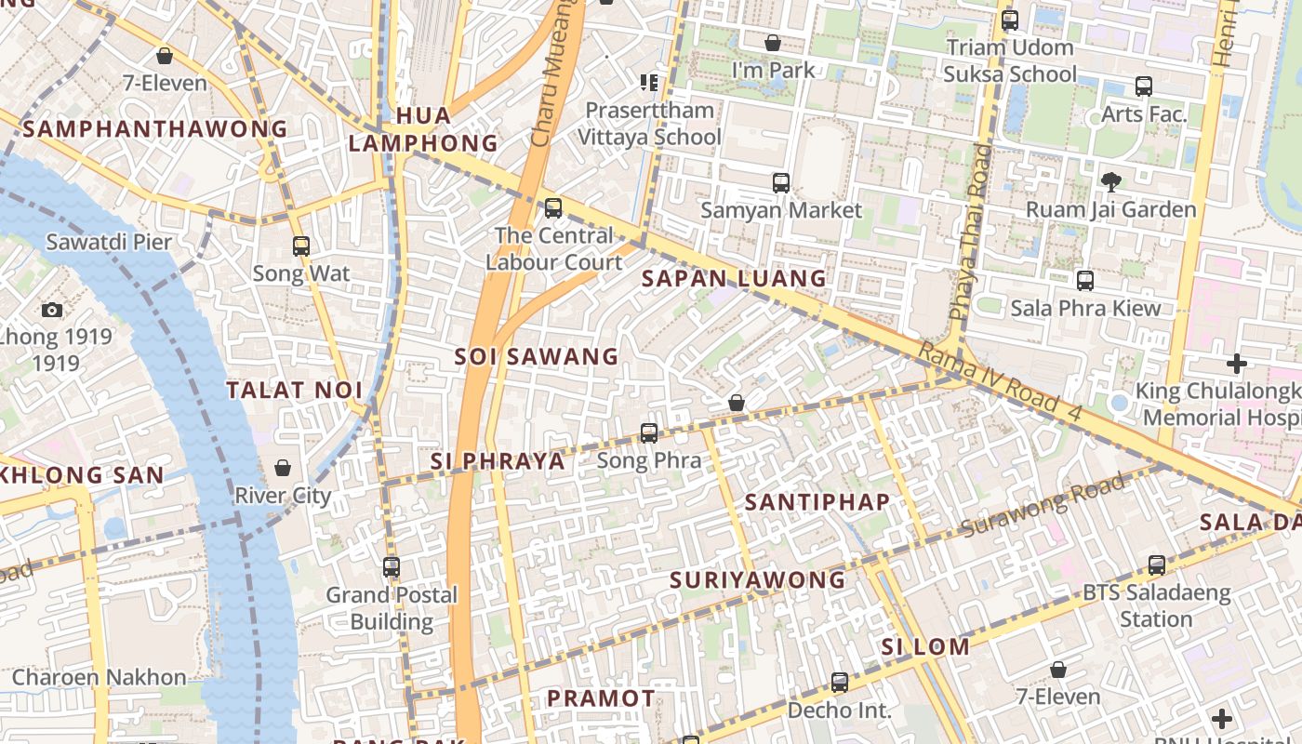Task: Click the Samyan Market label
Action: click(781, 210)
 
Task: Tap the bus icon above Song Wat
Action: click(301, 246)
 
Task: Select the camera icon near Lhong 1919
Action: click(52, 310)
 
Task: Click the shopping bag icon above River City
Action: click(283, 468)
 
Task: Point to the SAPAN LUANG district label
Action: click(734, 278)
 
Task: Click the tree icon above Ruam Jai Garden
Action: click(1110, 181)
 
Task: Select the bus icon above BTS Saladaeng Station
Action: click(1156, 565)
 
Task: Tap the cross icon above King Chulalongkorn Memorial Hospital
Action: click(1236, 363)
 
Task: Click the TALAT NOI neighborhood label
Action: click(294, 390)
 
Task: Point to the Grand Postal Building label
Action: click(392, 608)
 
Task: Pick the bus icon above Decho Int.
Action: click(839, 683)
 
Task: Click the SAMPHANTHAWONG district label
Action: click(155, 129)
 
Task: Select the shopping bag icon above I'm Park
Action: click(772, 43)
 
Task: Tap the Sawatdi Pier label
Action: click(109, 243)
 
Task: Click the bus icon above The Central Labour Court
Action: click(553, 208)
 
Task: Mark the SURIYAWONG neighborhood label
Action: click(757, 580)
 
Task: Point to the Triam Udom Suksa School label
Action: click(1010, 60)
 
